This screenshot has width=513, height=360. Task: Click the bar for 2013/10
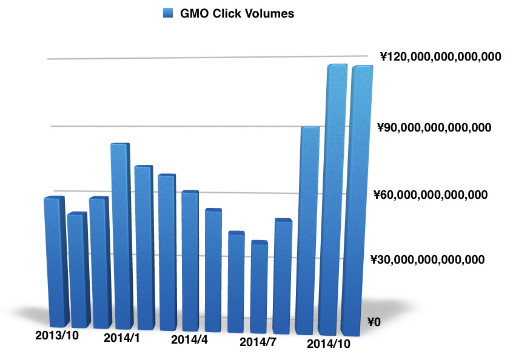coord(55,261)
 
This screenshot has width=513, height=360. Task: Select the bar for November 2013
coord(78,270)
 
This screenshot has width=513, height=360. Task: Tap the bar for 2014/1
coord(121,236)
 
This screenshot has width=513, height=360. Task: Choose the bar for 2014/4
coord(190,261)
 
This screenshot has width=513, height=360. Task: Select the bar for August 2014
coord(283,276)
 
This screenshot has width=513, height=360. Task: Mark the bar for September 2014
coord(309,230)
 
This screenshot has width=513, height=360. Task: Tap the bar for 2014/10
coord(335,200)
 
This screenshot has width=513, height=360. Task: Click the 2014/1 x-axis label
coord(121,337)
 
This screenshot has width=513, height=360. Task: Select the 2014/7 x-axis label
coord(258,342)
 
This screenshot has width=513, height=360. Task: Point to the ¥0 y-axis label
coord(374,322)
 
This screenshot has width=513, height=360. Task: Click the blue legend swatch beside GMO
coord(168,13)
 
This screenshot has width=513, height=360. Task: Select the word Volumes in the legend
coord(270,13)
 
